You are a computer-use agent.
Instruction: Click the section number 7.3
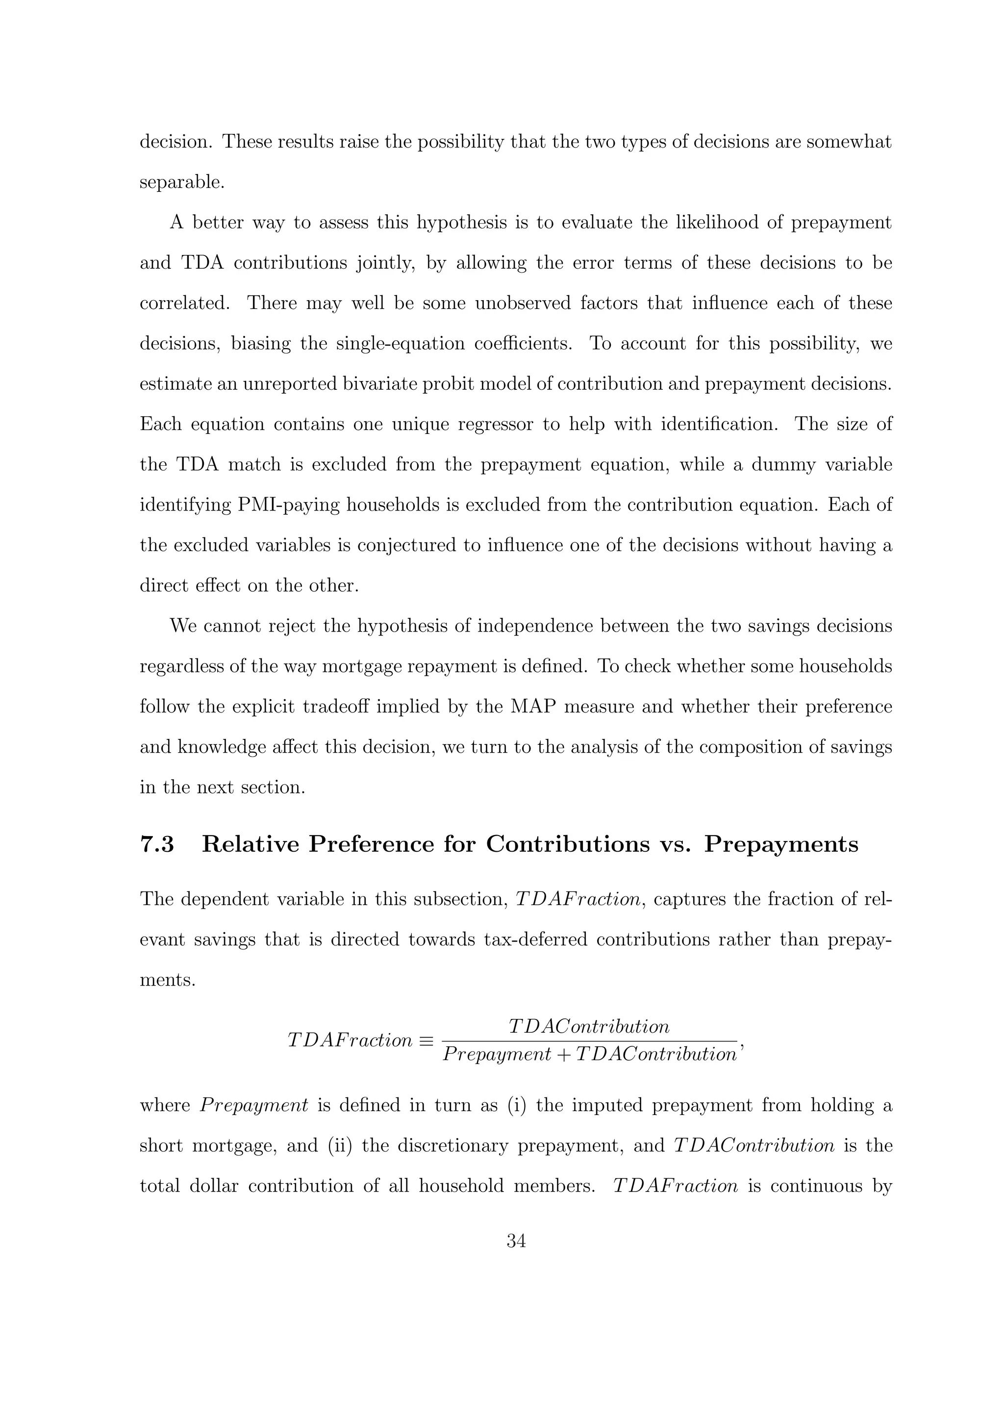pos(157,844)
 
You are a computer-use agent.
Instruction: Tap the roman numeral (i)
pos(517,1105)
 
